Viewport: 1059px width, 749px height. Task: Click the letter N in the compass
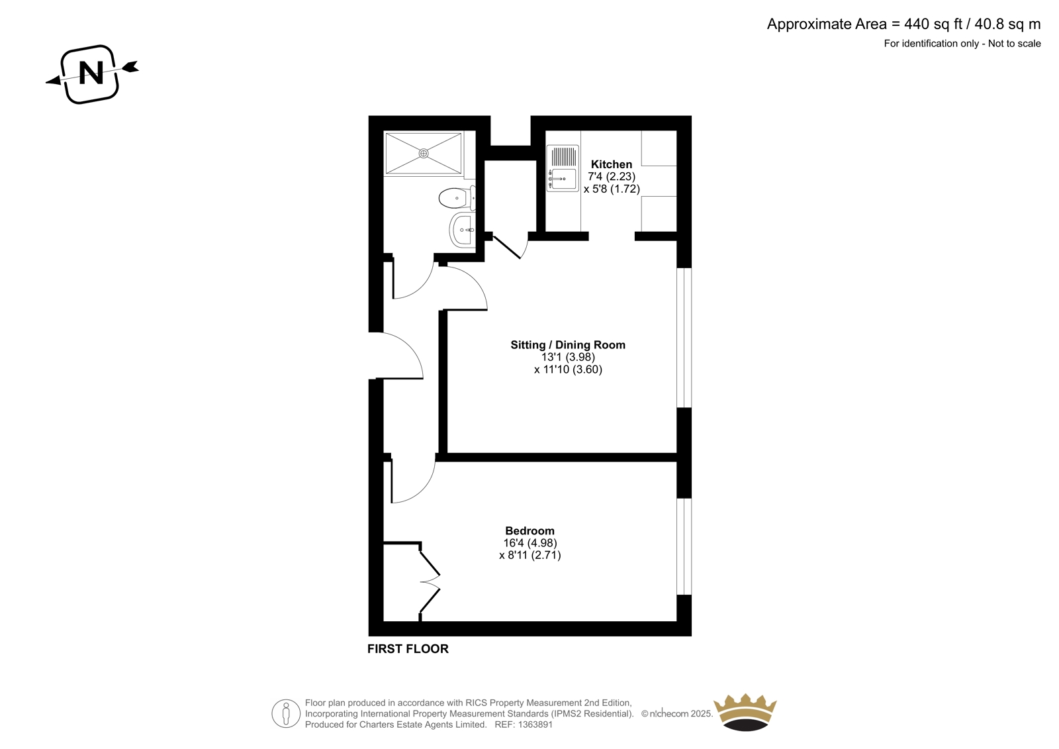tap(91, 74)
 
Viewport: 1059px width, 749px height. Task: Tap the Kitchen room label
tap(612, 164)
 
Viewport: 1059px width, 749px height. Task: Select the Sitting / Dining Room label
tap(568, 345)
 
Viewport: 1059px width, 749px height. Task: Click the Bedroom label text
tap(529, 531)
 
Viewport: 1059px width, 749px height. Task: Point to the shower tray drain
tap(424, 153)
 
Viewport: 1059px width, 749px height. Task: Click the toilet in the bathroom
tap(457, 198)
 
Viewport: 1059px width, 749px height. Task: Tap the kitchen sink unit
tap(563, 168)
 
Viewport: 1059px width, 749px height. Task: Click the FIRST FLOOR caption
tap(408, 649)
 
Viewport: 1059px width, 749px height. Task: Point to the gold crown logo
tap(745, 712)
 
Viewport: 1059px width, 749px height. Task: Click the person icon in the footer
tap(286, 713)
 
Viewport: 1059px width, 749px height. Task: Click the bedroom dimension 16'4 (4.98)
tap(530, 542)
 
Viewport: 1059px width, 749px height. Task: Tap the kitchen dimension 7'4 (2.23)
tap(612, 176)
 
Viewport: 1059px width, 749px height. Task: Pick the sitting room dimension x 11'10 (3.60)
tap(569, 370)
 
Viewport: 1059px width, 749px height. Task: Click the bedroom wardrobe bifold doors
tap(430, 582)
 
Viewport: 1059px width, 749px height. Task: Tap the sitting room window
tap(684, 338)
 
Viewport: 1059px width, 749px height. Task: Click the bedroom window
tap(684, 546)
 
